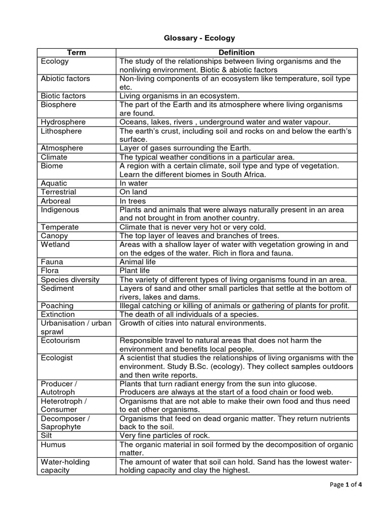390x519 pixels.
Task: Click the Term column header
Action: [77, 52]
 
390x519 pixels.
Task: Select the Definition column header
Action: [236, 52]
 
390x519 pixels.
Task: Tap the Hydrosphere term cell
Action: [63, 122]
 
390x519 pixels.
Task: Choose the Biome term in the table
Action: [52, 166]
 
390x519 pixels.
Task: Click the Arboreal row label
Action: [55, 201]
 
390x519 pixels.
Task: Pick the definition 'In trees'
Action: [134, 201]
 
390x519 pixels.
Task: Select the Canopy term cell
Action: [54, 236]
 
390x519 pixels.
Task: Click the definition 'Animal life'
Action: [138, 262]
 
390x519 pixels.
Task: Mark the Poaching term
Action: [57, 306]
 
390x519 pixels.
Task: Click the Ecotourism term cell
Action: [60, 341]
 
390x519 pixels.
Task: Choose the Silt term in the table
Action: [47, 435]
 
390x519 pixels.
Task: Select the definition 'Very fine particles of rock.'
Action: [165, 435]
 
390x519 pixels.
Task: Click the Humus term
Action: [53, 444]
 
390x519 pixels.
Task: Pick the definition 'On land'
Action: [133, 192]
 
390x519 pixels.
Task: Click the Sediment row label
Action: [57, 288]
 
